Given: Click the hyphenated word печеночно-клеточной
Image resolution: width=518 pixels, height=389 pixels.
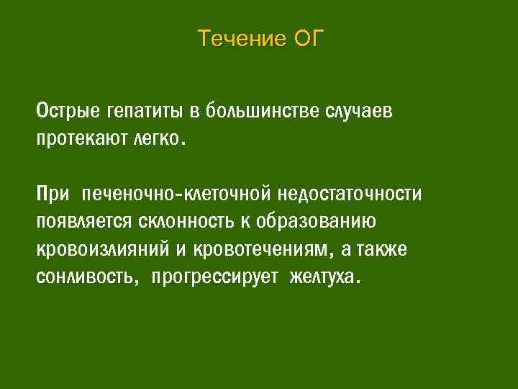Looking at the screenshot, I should [176, 194].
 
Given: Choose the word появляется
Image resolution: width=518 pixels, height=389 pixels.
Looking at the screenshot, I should [79, 221].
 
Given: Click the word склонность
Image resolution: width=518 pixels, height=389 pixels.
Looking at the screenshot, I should [172, 221].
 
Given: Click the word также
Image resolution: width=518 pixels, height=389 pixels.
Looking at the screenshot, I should [382, 249].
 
